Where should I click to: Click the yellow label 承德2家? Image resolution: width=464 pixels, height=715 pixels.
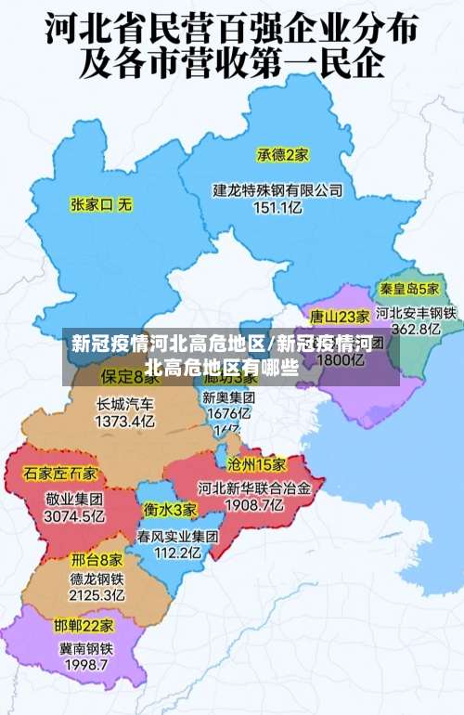[283, 154]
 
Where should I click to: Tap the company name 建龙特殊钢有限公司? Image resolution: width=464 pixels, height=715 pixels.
[278, 190]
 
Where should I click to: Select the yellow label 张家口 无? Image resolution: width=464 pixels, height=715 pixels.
[102, 202]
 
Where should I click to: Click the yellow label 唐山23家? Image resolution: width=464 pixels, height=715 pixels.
[340, 316]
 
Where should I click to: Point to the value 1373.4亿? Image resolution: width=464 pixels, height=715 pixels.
[125, 422]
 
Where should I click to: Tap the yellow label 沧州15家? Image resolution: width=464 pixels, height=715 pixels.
[257, 463]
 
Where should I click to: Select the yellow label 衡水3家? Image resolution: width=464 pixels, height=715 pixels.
[170, 510]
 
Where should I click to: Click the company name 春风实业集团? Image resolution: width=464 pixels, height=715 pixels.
[178, 537]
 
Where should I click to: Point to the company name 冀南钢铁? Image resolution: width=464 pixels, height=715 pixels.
[86, 648]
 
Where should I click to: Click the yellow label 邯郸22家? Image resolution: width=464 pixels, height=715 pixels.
[84, 625]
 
